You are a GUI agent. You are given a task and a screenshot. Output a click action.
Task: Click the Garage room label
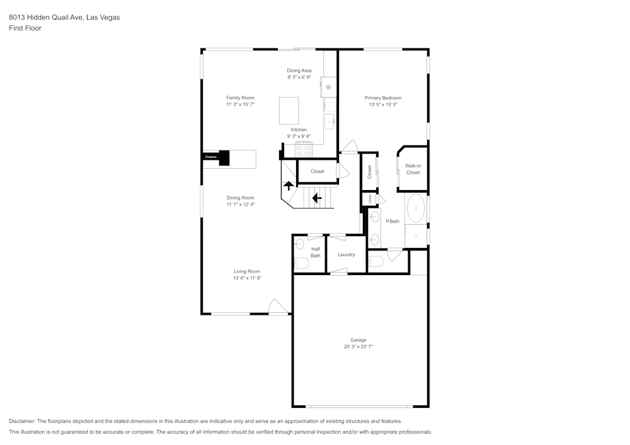tap(358, 340)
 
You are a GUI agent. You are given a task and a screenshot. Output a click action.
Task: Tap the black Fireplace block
tap(223, 157)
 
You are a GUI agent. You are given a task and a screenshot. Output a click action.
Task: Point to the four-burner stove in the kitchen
tap(304, 149)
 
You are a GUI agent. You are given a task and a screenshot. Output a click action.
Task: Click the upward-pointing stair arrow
tap(288, 186)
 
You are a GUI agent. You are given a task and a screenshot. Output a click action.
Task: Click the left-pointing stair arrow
tap(316, 198)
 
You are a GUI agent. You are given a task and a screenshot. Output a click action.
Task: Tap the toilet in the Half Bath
tap(300, 263)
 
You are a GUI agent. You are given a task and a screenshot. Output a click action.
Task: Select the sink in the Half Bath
tap(300, 243)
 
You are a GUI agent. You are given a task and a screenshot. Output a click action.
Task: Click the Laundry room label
tap(346, 255)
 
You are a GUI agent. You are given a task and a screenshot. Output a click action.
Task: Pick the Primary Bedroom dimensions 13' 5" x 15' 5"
tap(383, 104)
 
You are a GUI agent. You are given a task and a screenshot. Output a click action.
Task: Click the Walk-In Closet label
tap(413, 169)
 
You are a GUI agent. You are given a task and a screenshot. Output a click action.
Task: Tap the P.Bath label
tap(392, 221)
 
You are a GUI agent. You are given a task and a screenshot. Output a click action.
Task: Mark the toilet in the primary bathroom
tap(375, 262)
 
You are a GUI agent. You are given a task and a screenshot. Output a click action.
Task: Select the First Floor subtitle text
tap(25, 28)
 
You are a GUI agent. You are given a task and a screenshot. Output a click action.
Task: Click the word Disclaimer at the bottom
tap(22, 421)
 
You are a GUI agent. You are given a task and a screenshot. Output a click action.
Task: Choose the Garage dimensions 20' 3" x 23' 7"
tap(358, 347)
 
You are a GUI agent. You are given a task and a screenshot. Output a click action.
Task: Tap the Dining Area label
tap(299, 70)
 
